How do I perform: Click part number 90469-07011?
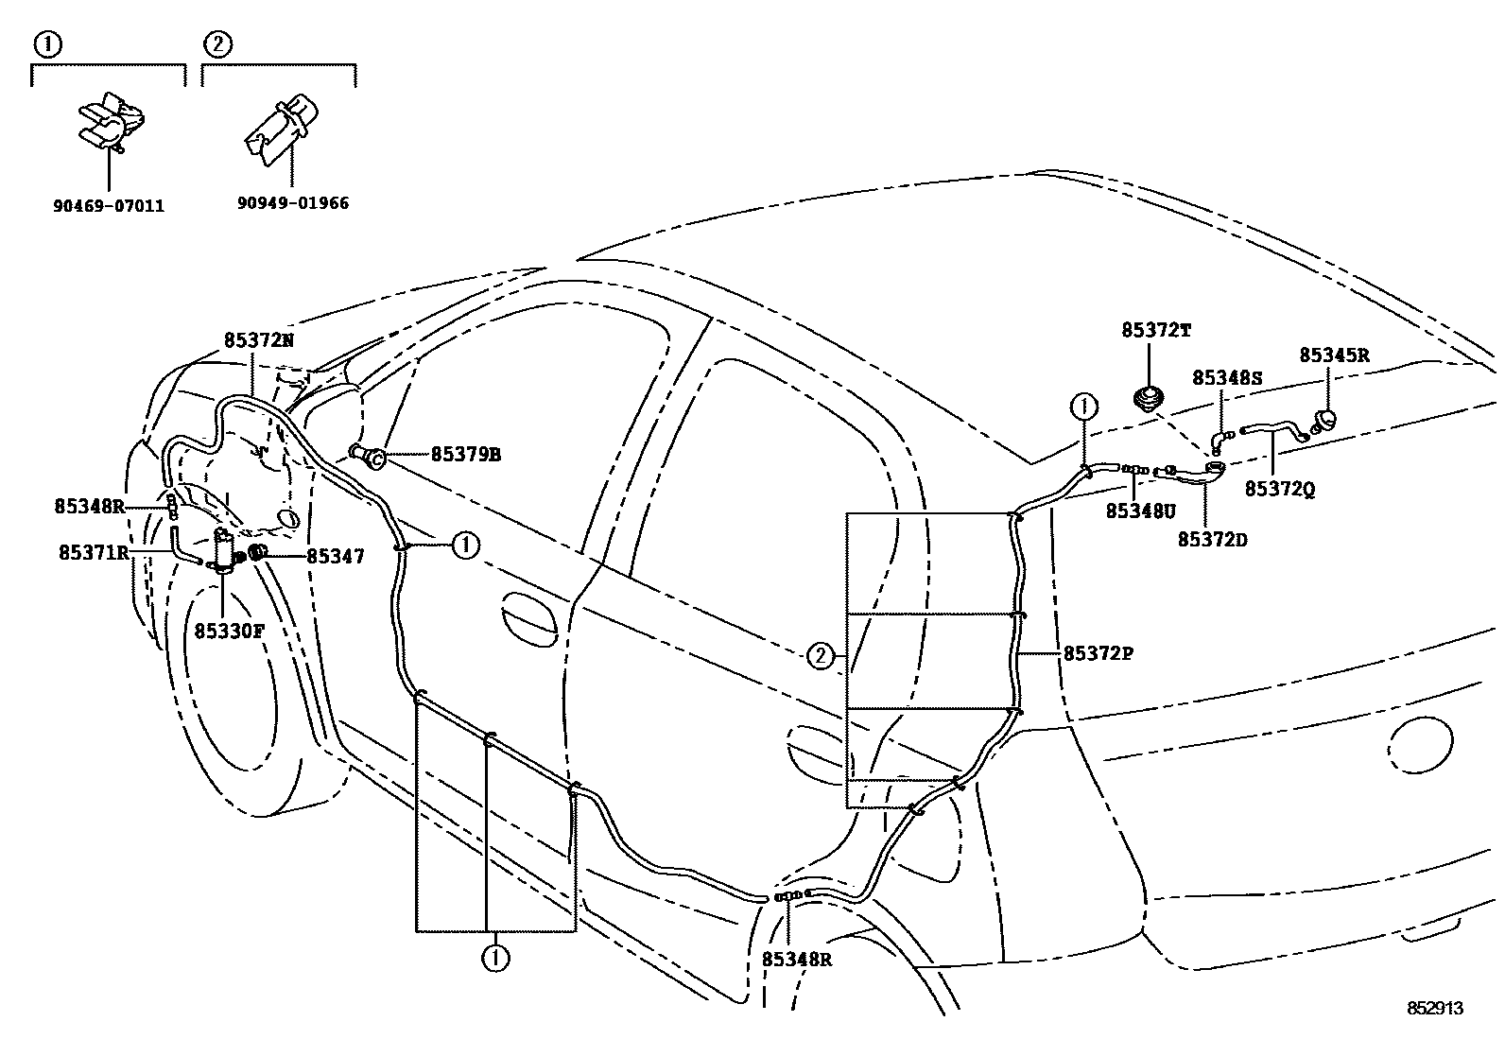[x=108, y=204]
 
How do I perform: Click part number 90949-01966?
[x=292, y=202]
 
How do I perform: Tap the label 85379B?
[x=465, y=455]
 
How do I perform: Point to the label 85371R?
[x=94, y=553]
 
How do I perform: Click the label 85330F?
[x=229, y=631]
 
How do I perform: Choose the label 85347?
[x=336, y=558]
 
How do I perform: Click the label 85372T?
[x=1156, y=330]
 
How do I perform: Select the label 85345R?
[x=1334, y=355]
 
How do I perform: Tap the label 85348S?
[x=1227, y=377]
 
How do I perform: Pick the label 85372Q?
[x=1279, y=489]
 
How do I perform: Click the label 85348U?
[x=1140, y=511]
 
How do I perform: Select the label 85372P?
[x=1098, y=653]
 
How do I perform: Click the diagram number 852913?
[x=1434, y=1009]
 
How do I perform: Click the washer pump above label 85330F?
[x=225, y=549]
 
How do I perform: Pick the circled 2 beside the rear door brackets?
[x=820, y=655]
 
